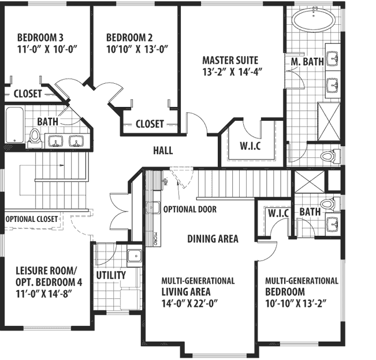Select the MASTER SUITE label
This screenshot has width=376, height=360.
click(x=230, y=60)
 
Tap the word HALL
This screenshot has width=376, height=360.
click(x=163, y=151)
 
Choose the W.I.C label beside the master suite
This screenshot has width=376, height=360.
click(x=250, y=145)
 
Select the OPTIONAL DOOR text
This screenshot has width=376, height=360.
click(x=189, y=209)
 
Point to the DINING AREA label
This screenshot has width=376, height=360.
click(x=212, y=238)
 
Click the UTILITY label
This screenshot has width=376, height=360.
click(x=111, y=275)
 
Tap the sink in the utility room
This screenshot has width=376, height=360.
click(x=134, y=255)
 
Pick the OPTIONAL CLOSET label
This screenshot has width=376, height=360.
click(x=32, y=219)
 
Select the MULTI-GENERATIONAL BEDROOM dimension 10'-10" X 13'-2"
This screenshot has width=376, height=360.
click(x=299, y=303)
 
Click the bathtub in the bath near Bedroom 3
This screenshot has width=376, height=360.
click(x=14, y=125)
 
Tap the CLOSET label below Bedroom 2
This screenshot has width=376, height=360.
click(x=150, y=124)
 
